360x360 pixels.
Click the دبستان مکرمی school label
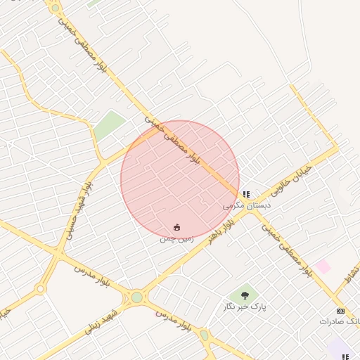click(247, 205)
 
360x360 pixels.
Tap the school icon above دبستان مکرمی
click(245, 194)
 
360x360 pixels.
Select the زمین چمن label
click(175, 239)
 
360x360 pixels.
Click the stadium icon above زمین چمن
click(176, 228)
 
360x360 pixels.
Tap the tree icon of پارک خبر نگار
click(245, 295)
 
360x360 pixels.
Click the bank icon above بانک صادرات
click(341, 310)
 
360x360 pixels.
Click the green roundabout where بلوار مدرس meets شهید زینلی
click(136, 297)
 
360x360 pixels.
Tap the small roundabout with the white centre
click(40, 288)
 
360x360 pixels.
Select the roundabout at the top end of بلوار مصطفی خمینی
click(54, 8)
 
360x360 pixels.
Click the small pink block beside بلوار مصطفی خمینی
click(323, 266)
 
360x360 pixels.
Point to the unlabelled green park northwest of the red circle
click(110, 125)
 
